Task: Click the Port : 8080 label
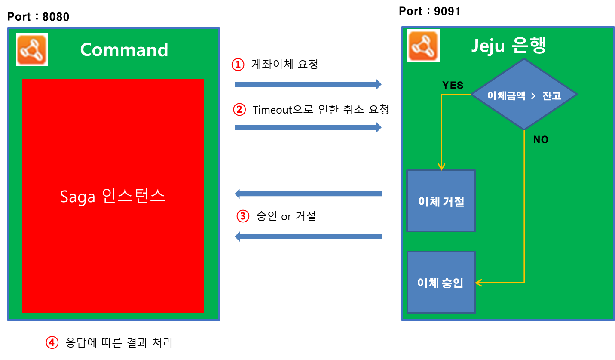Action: (38, 17)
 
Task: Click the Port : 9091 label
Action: (429, 11)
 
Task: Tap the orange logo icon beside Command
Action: (32, 49)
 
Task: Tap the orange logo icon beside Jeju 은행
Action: (423, 45)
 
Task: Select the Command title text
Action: (124, 50)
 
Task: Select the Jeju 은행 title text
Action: (508, 46)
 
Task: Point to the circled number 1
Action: (237, 65)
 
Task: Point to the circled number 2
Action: (239, 110)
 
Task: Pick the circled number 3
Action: (243, 216)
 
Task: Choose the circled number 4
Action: (52, 342)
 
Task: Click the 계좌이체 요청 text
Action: (285, 65)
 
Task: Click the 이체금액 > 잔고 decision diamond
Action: (524, 95)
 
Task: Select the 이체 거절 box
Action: (441, 201)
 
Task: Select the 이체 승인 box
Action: (441, 282)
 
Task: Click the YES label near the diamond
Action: (453, 85)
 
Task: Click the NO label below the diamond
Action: (541, 139)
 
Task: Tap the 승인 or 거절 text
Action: (286, 216)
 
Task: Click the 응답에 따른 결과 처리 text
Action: (119, 342)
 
